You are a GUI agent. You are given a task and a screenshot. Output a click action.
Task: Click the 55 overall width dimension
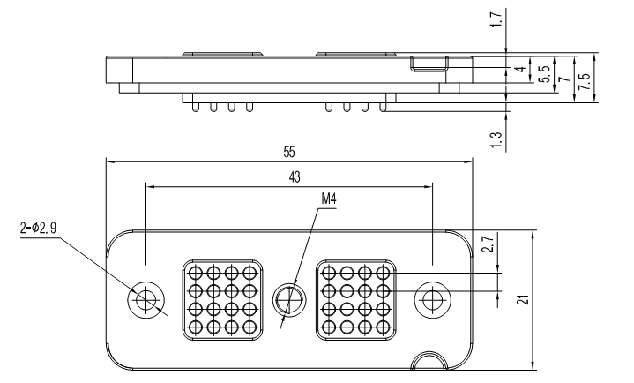point(289,151)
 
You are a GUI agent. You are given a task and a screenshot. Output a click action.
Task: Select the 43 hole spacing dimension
point(294,176)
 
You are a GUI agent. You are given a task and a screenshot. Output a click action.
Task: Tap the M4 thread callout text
point(329,199)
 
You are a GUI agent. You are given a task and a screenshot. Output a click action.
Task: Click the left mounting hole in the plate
point(145,301)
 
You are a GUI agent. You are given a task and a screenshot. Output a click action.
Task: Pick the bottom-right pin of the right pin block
point(384,328)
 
